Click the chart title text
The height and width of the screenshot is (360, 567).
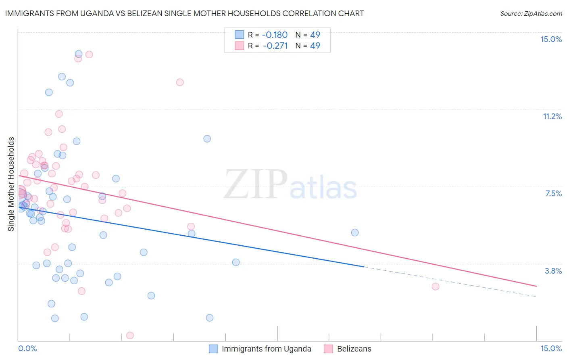184,13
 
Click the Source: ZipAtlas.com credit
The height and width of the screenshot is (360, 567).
531,13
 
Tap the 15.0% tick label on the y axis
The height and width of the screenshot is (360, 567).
551,39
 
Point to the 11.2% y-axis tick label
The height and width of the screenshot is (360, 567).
552,116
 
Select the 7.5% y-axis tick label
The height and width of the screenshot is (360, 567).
553,193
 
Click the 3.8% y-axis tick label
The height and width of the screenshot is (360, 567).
553,271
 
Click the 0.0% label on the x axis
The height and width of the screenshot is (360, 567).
27,348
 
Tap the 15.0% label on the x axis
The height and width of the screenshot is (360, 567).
551,348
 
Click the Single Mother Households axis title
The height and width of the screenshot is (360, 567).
11,184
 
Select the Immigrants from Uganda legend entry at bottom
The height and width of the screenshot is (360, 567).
266,349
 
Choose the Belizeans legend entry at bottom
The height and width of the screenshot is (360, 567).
354,349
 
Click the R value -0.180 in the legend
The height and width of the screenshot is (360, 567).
275,35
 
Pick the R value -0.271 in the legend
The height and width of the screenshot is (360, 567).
275,46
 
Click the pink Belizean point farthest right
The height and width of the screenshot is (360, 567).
435,287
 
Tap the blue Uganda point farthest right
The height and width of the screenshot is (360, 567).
355,232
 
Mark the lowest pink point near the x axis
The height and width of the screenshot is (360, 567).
130,335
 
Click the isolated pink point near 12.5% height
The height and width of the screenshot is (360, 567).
180,82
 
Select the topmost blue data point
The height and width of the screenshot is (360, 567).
79,54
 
